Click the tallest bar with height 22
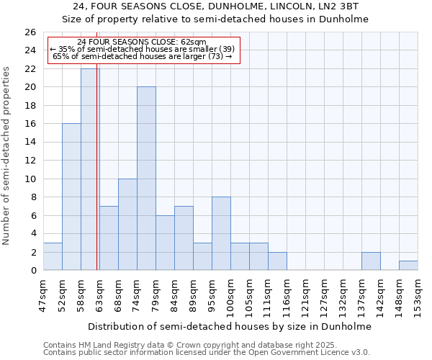pyautogui.click(x=90, y=169)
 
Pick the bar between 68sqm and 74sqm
pyautogui.click(x=127, y=225)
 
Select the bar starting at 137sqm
pyautogui.click(x=371, y=261)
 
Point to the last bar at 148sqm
pyautogui.click(x=408, y=266)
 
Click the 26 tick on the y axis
pyautogui.click(x=30, y=32)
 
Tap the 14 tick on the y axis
pyautogui.click(x=30, y=142)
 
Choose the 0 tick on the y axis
pyautogui.click(x=32, y=270)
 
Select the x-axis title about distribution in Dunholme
pyautogui.click(x=231, y=326)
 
